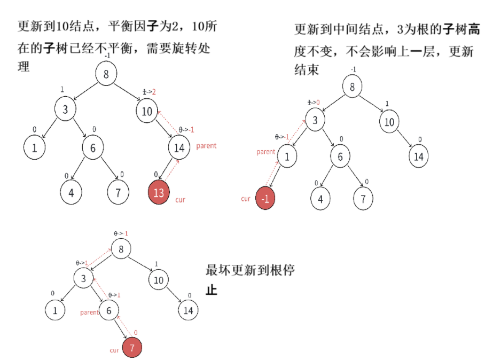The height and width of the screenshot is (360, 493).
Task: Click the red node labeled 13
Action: pyautogui.click(x=159, y=193)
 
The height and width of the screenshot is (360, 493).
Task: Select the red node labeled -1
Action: pyautogui.click(x=265, y=198)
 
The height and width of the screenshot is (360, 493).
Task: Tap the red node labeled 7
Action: pyautogui.click(x=132, y=349)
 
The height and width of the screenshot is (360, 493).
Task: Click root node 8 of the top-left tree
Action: pyautogui.click(x=106, y=74)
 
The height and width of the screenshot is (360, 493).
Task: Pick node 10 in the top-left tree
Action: pyautogui.click(x=147, y=112)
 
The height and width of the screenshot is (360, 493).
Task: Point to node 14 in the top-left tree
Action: pyautogui.click(x=179, y=147)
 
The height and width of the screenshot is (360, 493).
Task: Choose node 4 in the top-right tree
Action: pyautogui.click(x=320, y=199)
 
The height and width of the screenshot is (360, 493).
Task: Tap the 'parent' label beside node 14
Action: pyautogui.click(x=206, y=146)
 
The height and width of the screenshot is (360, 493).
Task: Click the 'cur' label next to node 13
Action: pyautogui.click(x=180, y=200)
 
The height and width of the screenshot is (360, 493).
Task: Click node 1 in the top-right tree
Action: pyautogui.click(x=287, y=157)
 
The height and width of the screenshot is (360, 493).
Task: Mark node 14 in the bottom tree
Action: pyautogui.click(x=187, y=310)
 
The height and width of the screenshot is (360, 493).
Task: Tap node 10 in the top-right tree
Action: pyautogui.click(x=389, y=122)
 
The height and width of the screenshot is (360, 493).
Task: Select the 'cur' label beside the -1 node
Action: pyautogui.click(x=245, y=199)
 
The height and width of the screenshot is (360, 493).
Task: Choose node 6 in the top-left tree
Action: pyautogui.click(x=92, y=148)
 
